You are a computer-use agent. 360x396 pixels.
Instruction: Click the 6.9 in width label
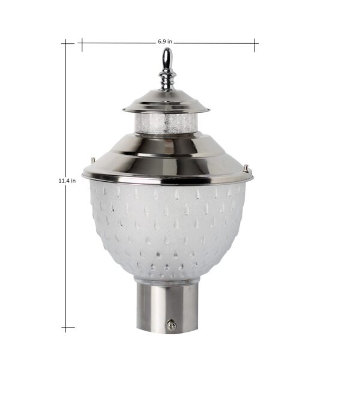[165, 41]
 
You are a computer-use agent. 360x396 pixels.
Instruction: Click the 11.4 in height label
[67, 181]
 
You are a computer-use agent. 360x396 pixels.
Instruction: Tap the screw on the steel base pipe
[172, 325]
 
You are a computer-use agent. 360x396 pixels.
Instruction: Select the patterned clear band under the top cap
[166, 123]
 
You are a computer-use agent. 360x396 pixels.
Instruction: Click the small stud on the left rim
[93, 160]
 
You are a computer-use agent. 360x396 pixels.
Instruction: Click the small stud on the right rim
[246, 167]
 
